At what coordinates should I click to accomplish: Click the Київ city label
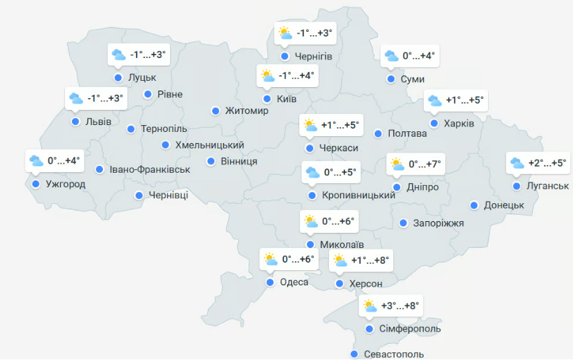[x=286, y=100]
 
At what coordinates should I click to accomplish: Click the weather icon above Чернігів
[x=285, y=32]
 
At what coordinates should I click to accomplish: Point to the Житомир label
[x=247, y=111]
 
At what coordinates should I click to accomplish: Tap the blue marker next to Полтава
[x=378, y=133]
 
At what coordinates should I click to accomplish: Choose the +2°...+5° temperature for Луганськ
[x=547, y=163]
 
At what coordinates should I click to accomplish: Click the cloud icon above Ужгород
[x=37, y=162]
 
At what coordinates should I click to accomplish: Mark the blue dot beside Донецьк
[x=474, y=205]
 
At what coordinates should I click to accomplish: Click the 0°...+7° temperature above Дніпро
[x=424, y=164]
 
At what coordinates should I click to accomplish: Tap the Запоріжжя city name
[x=438, y=223]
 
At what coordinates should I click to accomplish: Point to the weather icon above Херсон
[x=340, y=260]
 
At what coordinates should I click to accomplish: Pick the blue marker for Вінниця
[x=211, y=161]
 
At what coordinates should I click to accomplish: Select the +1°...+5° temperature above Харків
[x=464, y=101]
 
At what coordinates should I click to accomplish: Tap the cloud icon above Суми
[x=391, y=56]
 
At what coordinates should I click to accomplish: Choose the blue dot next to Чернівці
[x=139, y=196]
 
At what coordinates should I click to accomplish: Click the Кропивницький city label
[x=359, y=196]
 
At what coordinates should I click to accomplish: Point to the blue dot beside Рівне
[x=147, y=94]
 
